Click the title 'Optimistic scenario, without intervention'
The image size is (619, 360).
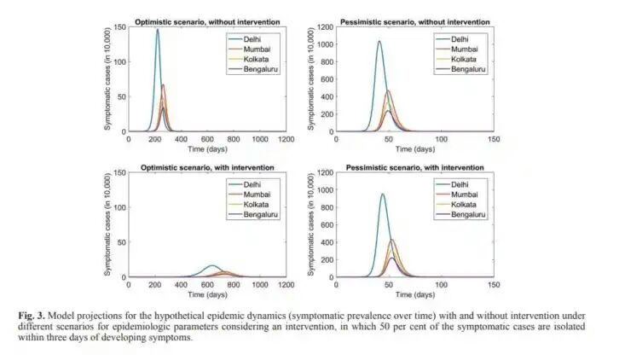click(x=207, y=19)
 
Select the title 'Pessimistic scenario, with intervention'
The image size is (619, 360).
click(x=415, y=165)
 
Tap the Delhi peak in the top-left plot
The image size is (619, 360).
click(x=157, y=30)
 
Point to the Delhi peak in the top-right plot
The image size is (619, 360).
click(x=379, y=41)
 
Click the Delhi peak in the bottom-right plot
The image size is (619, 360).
click(x=382, y=195)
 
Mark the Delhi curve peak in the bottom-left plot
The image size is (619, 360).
click(x=212, y=265)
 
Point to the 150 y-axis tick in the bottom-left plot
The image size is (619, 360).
click(x=120, y=173)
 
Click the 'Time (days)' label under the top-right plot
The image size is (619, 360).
click(x=414, y=148)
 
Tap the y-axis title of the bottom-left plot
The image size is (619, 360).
click(x=107, y=225)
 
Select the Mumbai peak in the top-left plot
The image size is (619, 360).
click(x=163, y=85)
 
